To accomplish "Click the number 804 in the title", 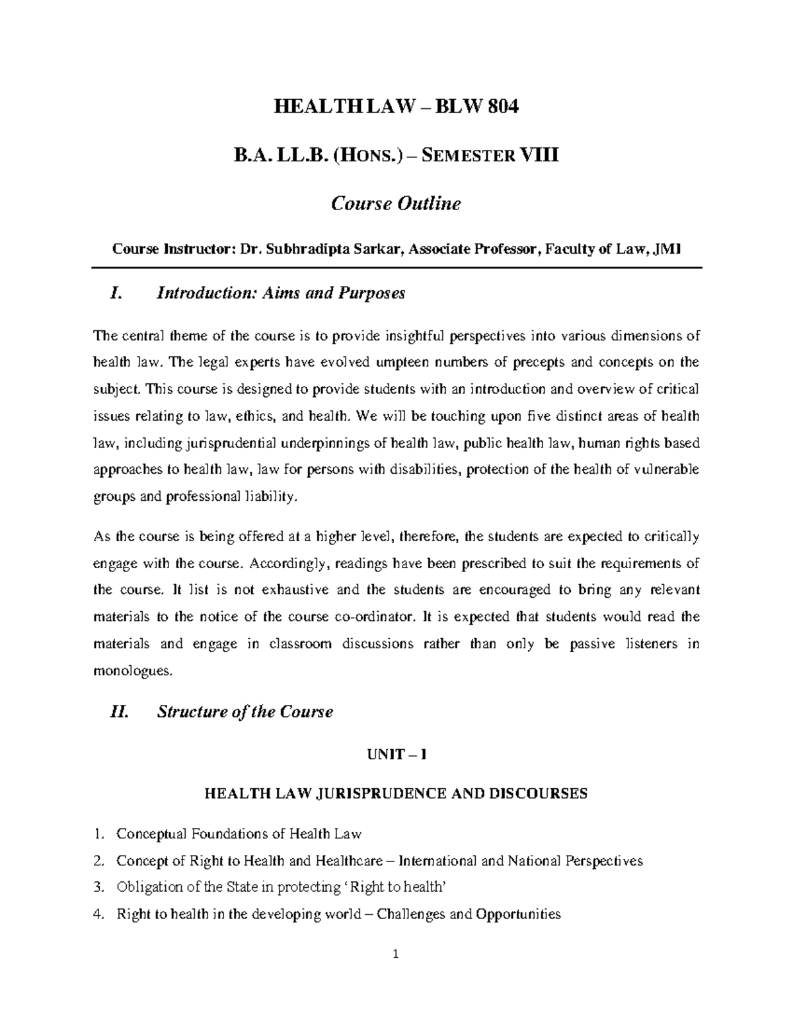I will point(499,106).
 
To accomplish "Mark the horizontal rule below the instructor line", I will point(396,267).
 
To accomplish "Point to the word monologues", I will point(132,671).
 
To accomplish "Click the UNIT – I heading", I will point(397,755).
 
